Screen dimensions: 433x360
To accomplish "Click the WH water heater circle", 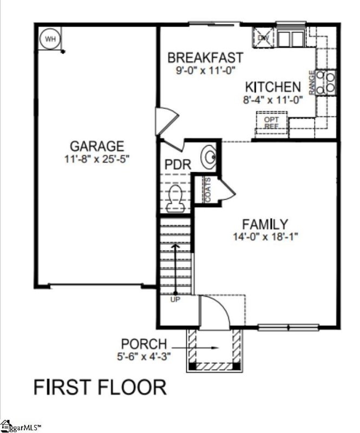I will click(50, 38).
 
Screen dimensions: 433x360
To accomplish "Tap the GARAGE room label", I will click(97, 146).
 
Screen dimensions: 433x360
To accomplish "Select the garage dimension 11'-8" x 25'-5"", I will click(97, 159).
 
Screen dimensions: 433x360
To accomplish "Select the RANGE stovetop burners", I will click(327, 82).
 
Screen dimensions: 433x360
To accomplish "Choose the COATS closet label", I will click(208, 191).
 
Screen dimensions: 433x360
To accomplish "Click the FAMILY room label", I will click(265, 224).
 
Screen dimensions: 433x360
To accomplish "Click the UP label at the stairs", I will click(175, 299).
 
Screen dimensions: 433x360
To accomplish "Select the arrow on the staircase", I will click(175, 268).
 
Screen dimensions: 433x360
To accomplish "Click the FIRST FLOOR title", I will click(100, 388).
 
